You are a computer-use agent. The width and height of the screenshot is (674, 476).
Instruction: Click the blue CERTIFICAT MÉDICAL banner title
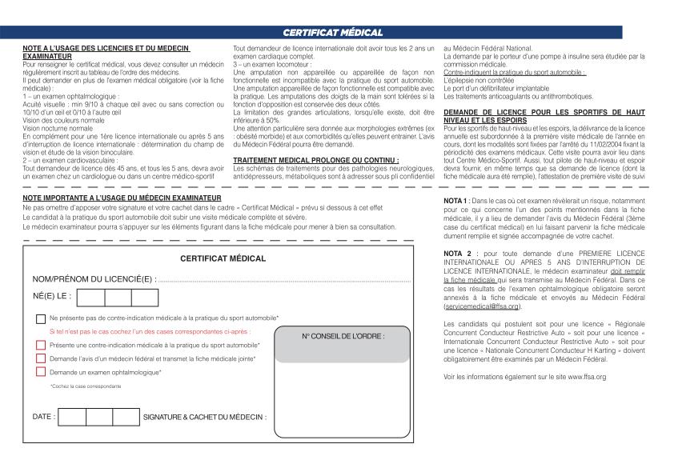[333, 32]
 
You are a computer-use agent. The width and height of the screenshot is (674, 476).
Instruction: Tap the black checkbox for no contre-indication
[41, 318]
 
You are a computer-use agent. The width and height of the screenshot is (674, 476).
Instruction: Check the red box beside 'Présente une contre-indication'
[41, 345]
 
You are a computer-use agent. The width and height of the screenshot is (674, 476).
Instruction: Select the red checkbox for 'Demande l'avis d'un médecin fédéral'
[41, 358]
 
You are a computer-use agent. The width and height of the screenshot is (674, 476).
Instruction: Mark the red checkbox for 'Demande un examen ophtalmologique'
[41, 372]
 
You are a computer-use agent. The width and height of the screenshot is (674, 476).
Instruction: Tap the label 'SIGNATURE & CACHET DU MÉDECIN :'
[205, 418]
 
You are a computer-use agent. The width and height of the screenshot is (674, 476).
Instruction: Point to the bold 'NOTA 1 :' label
[456, 199]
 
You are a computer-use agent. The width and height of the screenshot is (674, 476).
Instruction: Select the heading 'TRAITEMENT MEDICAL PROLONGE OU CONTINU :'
[305, 160]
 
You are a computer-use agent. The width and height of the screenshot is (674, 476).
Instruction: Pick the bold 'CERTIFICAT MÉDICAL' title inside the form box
[223, 259]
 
